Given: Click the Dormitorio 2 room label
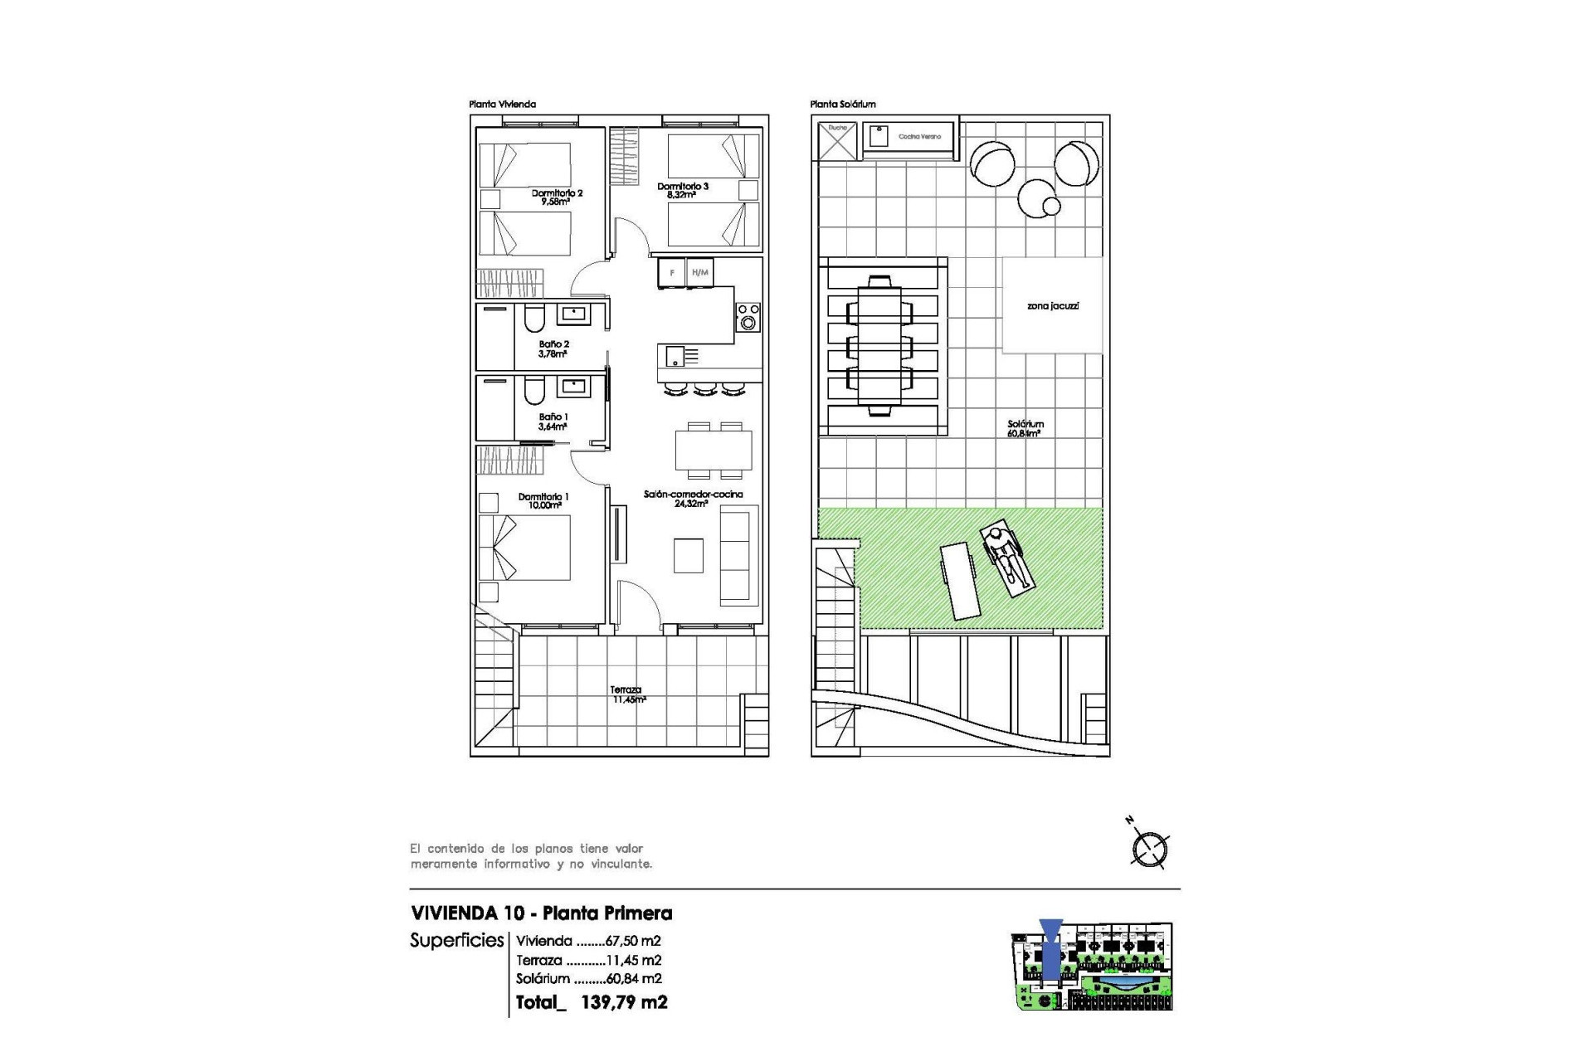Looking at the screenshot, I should pyautogui.click(x=557, y=197).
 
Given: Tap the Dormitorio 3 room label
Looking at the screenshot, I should pyautogui.click(x=683, y=190).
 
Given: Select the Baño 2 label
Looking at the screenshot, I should pyautogui.click(x=553, y=348).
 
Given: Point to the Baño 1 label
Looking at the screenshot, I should pyautogui.click(x=553, y=421).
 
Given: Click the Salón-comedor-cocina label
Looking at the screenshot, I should pyautogui.click(x=693, y=498).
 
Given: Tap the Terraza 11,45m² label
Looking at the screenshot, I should pyautogui.click(x=627, y=694).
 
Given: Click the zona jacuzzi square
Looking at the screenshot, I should pyautogui.click(x=1052, y=305).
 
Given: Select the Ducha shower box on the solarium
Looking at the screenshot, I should pyautogui.click(x=836, y=141).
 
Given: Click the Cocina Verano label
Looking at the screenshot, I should pyautogui.click(x=919, y=136).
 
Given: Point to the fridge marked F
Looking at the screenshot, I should pyautogui.click(x=672, y=273).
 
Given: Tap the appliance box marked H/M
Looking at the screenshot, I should pyautogui.click(x=700, y=273).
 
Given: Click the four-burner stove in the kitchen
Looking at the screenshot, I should pyautogui.click(x=748, y=317).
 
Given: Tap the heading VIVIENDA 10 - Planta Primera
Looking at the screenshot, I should pyautogui.click(x=541, y=913).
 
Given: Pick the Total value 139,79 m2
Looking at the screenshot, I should pyautogui.click(x=624, y=1002).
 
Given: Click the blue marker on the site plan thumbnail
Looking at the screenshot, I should pyautogui.click(x=1050, y=952).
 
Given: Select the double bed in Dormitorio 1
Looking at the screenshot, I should pyautogui.click(x=524, y=548).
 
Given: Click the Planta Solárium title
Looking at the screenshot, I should pyautogui.click(x=842, y=105).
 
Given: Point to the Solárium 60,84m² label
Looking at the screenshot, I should pyautogui.click(x=1025, y=428).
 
